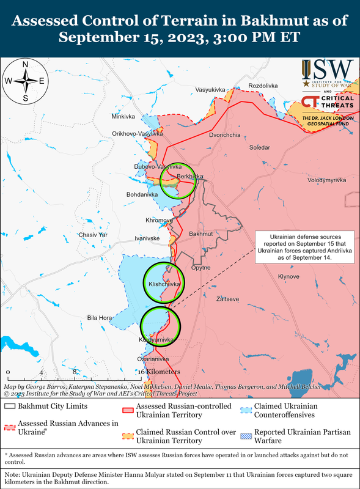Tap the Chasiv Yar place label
click(93, 235)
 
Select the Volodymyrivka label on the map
click(326, 180)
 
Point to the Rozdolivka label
click(263, 86)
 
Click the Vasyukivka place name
click(210, 90)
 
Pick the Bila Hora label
click(100, 318)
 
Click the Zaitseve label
click(228, 299)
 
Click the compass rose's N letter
click(25, 65)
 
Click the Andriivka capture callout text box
click(303, 247)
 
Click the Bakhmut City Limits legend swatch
click(10, 406)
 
